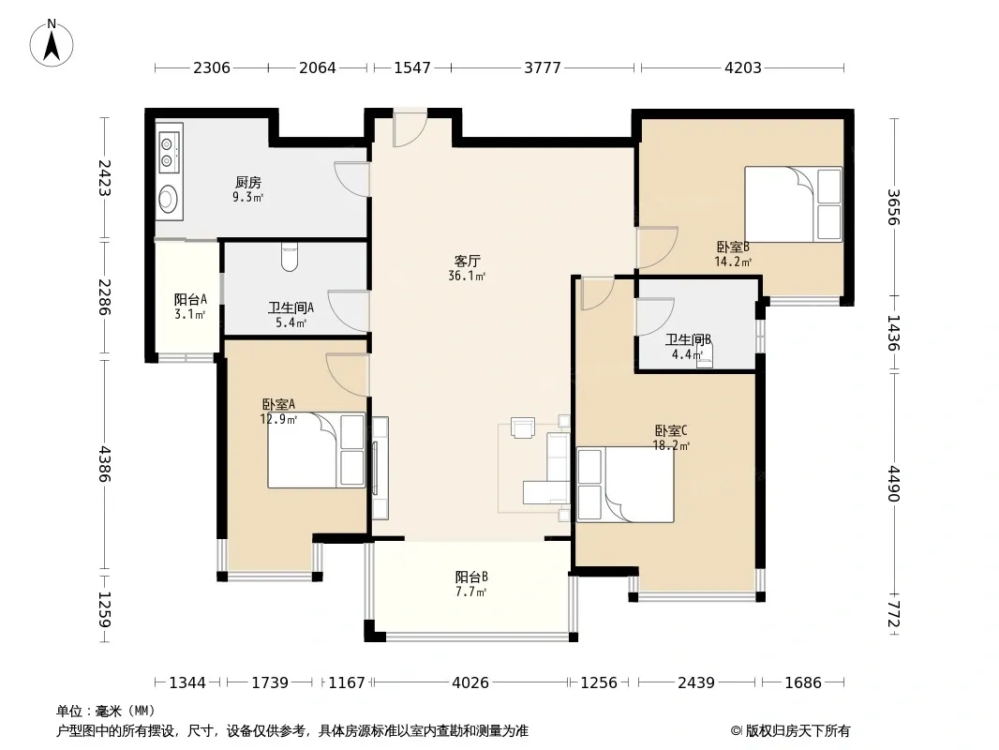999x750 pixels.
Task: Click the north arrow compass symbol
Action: click(52, 43)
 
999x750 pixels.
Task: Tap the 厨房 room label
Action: click(247, 183)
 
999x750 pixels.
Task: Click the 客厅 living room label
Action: click(467, 262)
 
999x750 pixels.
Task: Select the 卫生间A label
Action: click(291, 307)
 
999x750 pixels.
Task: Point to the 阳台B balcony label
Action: click(471, 577)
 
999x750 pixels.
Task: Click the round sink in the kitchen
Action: click(168, 198)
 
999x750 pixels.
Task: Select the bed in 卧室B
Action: click(793, 204)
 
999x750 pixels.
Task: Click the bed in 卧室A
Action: click(316, 450)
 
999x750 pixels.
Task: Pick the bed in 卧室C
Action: click(625, 485)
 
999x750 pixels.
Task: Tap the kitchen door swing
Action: click(351, 180)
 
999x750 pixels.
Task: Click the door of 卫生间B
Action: click(655, 317)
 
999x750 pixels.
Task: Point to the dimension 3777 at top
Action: click(543, 67)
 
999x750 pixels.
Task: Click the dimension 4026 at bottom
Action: click(470, 682)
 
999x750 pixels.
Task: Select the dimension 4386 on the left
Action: click(104, 464)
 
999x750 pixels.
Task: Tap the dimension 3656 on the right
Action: click(893, 207)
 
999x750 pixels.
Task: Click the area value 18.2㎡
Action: click(671, 446)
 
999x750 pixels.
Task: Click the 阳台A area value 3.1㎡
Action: click(190, 314)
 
